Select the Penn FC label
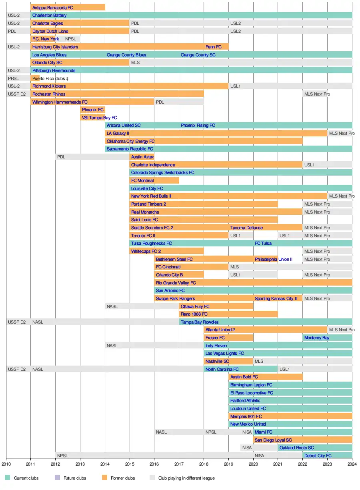pyautogui.click(x=213, y=47)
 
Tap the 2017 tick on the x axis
pyautogui.click(x=179, y=464)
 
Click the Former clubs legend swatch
pyautogui.click(x=105, y=478)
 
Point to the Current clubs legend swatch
pyautogui.click(x=7, y=478)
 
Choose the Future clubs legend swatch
pyautogui.click(x=57, y=478)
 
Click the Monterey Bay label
pyautogui.click(x=317, y=338)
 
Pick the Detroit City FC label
pyautogui.click(x=318, y=456)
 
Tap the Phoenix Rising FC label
pyautogui.click(x=198, y=125)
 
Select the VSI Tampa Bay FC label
pyautogui.click(x=99, y=118)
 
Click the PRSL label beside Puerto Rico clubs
pyautogui.click(x=13, y=78)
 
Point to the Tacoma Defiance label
pyautogui.click(x=246, y=228)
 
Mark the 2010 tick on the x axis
pyautogui.click(x=6, y=464)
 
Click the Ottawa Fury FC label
pyautogui.click(x=195, y=306)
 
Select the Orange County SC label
pyautogui.click(x=198, y=55)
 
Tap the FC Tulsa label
pyautogui.click(x=263, y=243)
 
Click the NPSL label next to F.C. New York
pyautogui.click(x=70, y=39)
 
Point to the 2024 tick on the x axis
pyautogui.click(x=352, y=464)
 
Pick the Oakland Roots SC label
pyautogui.click(x=296, y=448)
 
